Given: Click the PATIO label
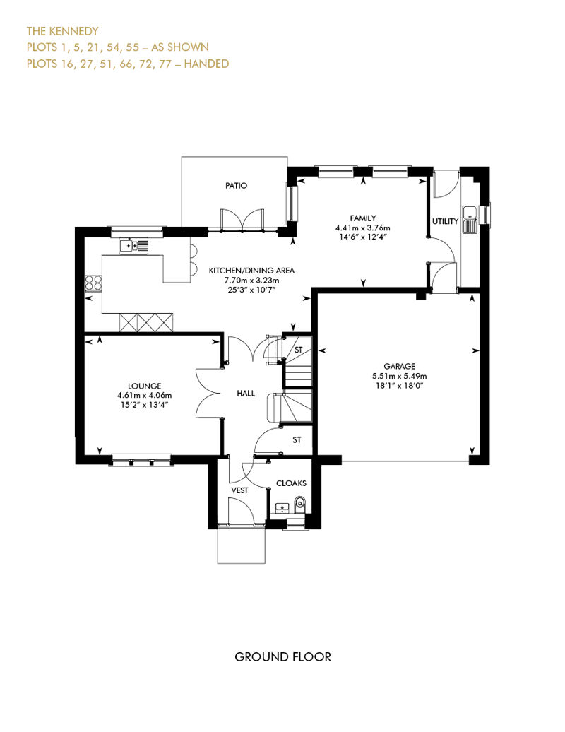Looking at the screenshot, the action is pos(236,185).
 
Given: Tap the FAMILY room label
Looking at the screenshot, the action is pos(363,218).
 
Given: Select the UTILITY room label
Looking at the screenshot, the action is pos(445,221).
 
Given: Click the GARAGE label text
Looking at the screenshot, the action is pos(399,367).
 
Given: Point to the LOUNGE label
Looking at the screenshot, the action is pos(145,386).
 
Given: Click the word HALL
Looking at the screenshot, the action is pos(246,393).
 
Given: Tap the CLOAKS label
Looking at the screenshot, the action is pos(291,483).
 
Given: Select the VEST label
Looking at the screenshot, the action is pos(240,490).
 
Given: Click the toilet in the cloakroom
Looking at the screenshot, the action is pos(300,503).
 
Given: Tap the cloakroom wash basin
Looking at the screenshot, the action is pos(282,508).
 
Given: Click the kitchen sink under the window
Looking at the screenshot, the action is pos(133,245).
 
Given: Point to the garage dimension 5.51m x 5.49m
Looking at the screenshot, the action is pos(399,376).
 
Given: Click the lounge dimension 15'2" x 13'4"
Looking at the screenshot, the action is pos(145,405).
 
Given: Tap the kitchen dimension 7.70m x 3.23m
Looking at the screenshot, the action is pos(251,280).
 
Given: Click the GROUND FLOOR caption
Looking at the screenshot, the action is pos(282,657).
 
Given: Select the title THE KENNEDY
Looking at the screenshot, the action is pos(63,31).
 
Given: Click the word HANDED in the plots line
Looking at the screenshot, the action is pos(207,64).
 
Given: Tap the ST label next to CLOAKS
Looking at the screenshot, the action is pos(297,439).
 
